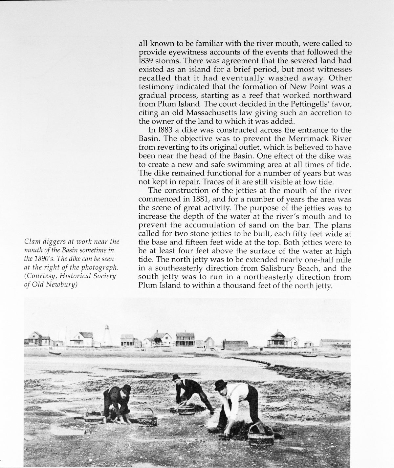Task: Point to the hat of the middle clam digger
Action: point(177,378)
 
